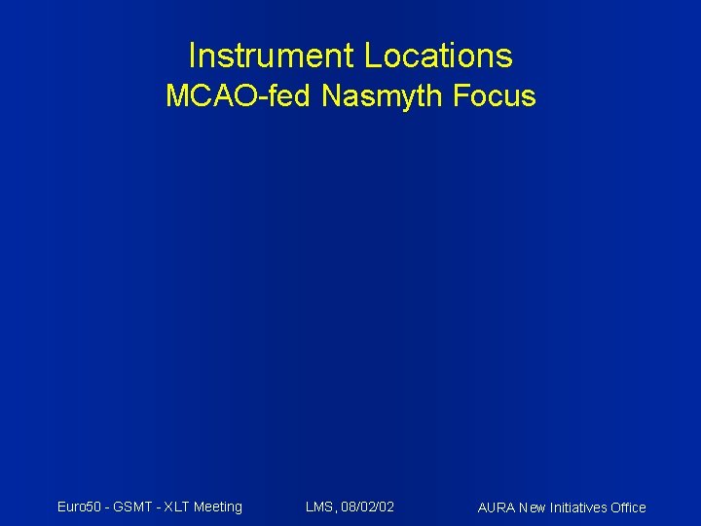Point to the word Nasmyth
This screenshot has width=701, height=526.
click(x=377, y=97)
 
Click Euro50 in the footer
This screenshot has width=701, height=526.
click(x=79, y=507)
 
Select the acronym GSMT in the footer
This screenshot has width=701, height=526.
click(x=134, y=507)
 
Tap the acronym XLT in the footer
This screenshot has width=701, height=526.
click(x=177, y=507)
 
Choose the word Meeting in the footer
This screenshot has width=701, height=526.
click(x=218, y=507)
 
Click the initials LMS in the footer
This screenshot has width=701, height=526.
click(x=318, y=507)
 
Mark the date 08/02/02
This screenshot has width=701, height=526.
click(x=367, y=507)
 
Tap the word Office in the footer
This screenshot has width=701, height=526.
click(x=627, y=507)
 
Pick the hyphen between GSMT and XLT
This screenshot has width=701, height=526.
click(x=159, y=507)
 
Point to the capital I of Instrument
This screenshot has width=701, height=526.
click(x=192, y=56)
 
